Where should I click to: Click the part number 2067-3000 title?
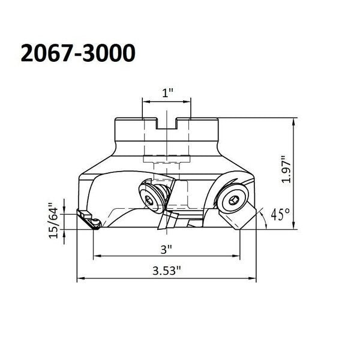pyautogui.click(x=78, y=53)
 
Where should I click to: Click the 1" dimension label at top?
pyautogui.click(x=167, y=93)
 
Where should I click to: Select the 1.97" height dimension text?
pyautogui.click(x=286, y=169)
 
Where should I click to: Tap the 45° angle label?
pyautogui.click(x=280, y=214)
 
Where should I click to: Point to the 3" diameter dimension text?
pyautogui.click(x=166, y=250)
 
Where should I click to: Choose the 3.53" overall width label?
pyautogui.click(x=167, y=271)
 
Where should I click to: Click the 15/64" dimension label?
pyautogui.click(x=54, y=221)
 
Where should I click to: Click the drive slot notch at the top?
pyautogui.click(x=166, y=124)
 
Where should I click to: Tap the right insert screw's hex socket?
pyautogui.click(x=233, y=202)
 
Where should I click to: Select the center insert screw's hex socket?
pyautogui.click(x=149, y=201)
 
